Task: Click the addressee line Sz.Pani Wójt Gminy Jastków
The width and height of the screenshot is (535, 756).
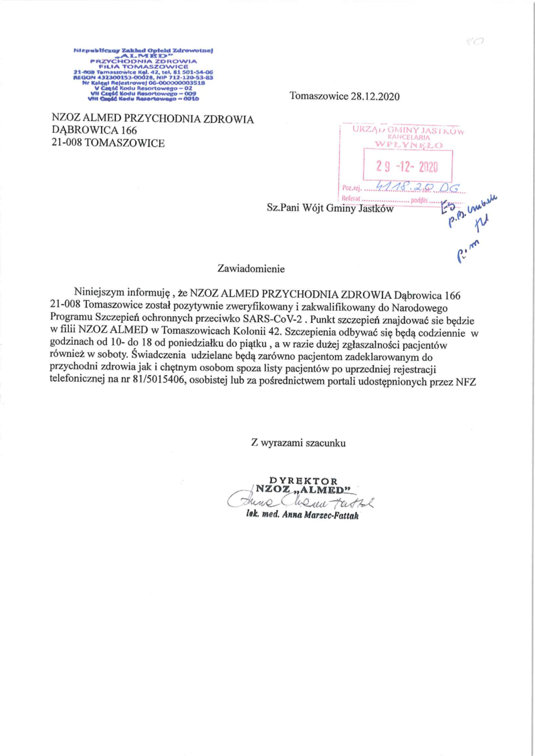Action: (x=330, y=208)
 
